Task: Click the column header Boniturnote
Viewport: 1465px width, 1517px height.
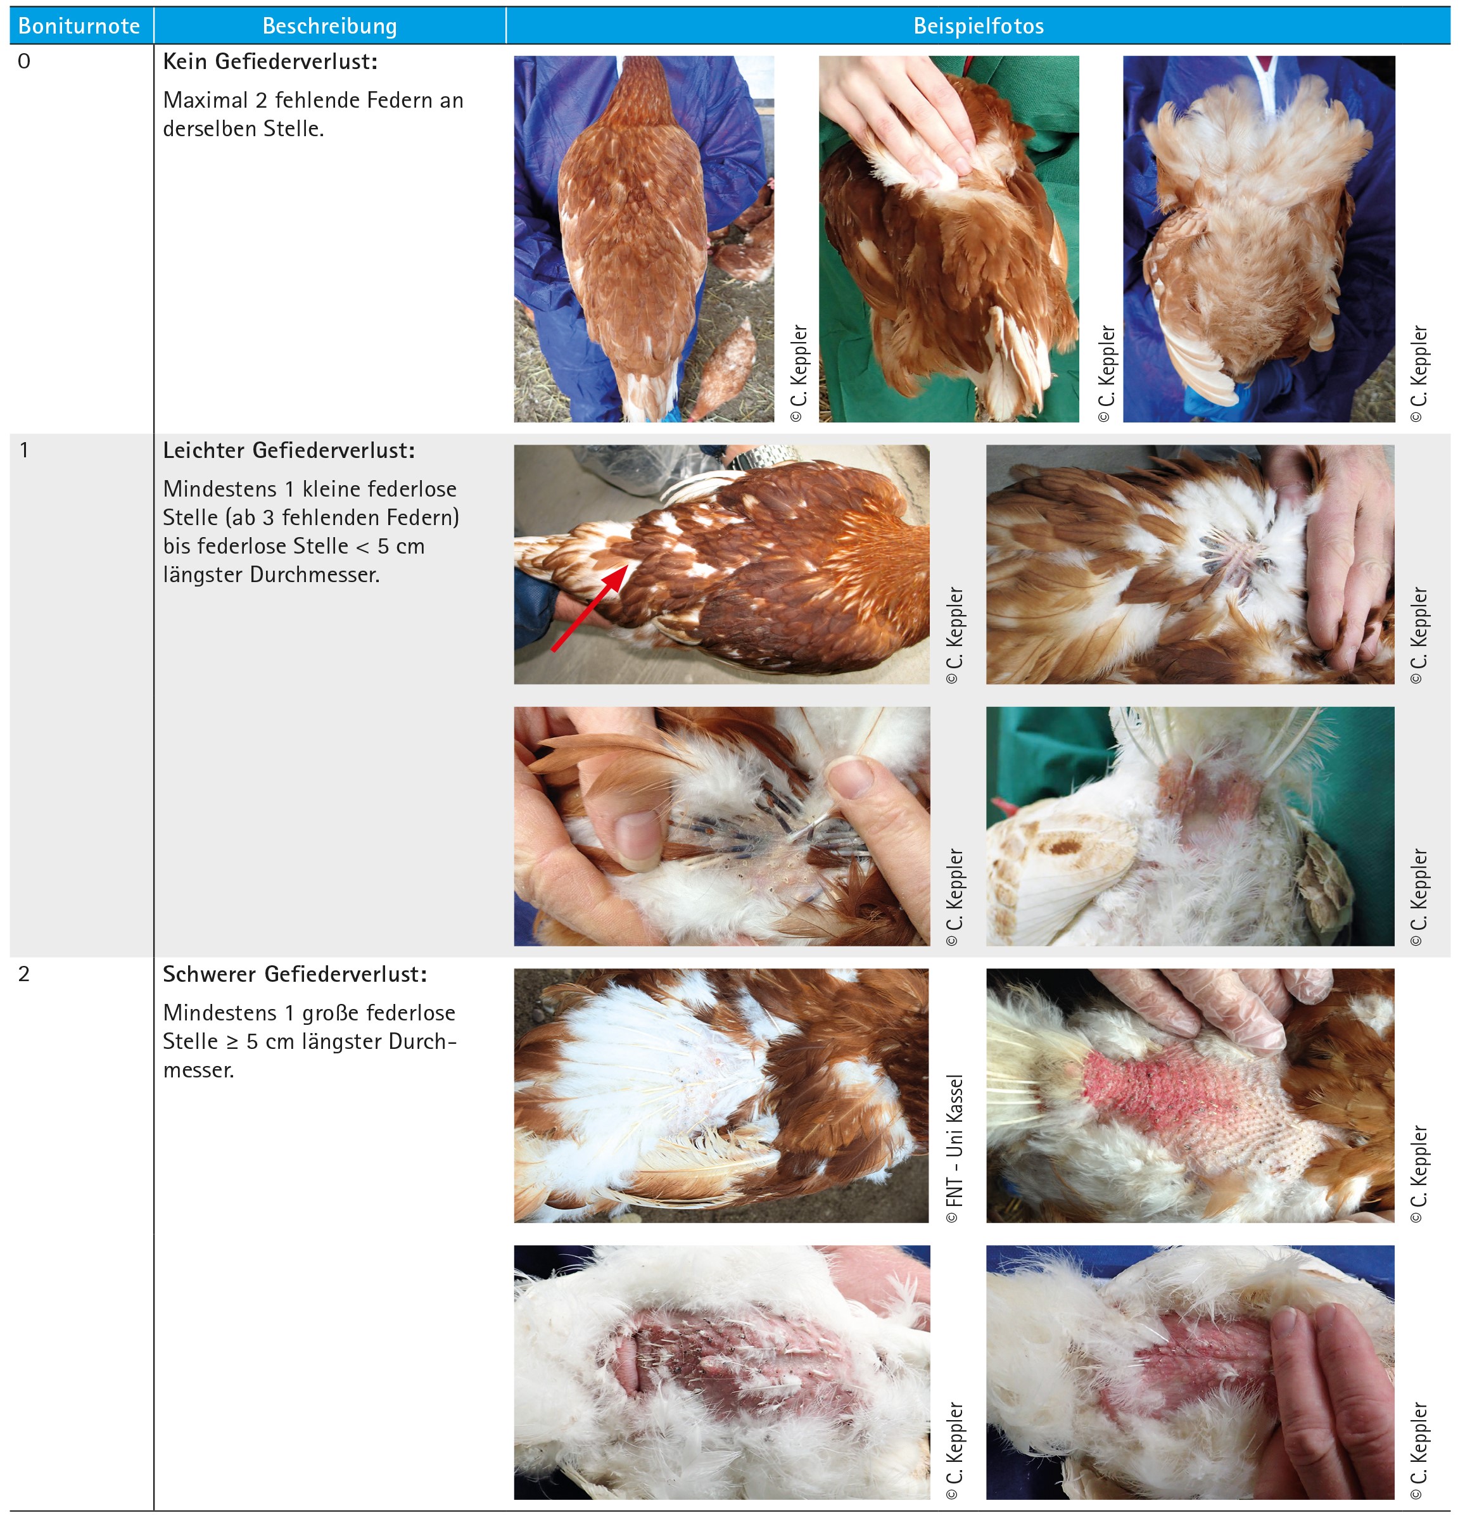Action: point(79,27)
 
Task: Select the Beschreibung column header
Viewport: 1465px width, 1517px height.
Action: point(330,27)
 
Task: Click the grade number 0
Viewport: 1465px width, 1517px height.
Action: point(24,61)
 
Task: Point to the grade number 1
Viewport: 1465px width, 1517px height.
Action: point(24,450)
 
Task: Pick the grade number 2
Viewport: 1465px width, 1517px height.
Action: point(24,974)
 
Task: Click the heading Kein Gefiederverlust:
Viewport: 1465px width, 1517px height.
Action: point(270,61)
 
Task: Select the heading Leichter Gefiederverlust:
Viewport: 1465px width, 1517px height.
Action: point(289,450)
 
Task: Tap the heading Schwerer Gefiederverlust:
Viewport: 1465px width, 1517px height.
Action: point(295,974)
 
